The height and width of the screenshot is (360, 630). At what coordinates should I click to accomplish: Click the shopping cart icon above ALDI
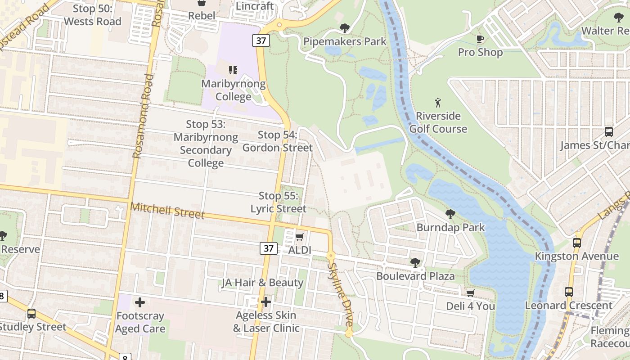(300, 237)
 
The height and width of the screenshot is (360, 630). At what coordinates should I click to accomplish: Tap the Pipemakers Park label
(345, 41)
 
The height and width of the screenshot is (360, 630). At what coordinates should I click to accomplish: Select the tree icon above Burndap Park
(450, 214)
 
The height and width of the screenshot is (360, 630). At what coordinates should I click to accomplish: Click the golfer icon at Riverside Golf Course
(438, 103)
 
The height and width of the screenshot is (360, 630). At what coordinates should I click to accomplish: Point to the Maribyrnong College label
(233, 90)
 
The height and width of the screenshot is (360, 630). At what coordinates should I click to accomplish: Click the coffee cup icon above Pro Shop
(480, 39)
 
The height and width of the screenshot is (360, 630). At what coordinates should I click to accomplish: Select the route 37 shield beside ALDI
(268, 248)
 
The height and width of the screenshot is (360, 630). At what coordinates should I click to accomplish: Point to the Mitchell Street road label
(167, 211)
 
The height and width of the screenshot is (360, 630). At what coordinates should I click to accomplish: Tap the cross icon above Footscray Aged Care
(140, 302)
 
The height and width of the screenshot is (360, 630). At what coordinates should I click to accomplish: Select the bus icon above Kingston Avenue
(577, 243)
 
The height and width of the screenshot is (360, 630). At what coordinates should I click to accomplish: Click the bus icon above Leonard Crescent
(568, 292)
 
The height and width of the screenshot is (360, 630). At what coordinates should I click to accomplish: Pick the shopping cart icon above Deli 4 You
(470, 293)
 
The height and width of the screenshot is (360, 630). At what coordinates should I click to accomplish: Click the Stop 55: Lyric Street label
(278, 202)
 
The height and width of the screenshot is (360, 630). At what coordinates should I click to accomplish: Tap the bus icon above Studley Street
(31, 314)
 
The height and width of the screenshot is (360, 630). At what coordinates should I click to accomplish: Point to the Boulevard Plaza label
(415, 276)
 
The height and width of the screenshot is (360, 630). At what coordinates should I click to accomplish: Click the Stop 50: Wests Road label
(92, 15)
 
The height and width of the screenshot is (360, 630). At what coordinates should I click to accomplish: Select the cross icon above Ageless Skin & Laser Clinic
(266, 301)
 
